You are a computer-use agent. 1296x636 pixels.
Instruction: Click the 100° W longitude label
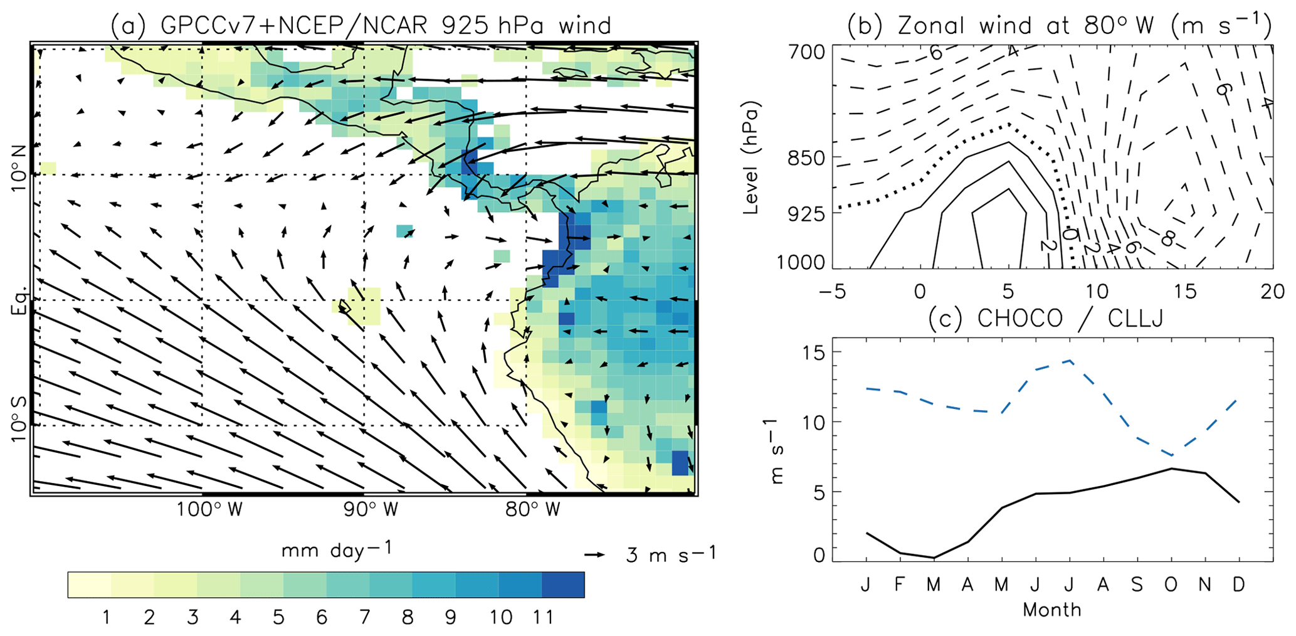[x=209, y=509]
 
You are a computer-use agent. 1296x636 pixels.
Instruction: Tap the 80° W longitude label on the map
[x=533, y=509]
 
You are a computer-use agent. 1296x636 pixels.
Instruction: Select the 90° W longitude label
[x=371, y=509]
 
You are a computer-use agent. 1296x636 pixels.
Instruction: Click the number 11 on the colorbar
[x=543, y=618]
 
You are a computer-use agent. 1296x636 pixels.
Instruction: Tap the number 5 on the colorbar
[x=278, y=618]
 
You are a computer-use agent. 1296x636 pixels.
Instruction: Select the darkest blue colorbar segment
[x=562, y=585]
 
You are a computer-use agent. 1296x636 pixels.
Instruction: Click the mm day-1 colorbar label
[x=337, y=550]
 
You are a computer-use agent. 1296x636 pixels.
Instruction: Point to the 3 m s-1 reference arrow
[x=594, y=555]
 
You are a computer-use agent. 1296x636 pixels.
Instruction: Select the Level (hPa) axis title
[x=751, y=157]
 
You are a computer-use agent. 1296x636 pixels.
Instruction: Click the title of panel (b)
[x=1058, y=26]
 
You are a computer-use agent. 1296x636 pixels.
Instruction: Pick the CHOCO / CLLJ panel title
[x=1046, y=319]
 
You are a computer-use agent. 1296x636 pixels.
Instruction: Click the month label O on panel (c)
[x=1170, y=585]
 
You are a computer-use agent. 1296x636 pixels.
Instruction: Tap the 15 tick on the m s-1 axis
[x=813, y=352]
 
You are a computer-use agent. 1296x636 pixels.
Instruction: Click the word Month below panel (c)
[x=1051, y=610]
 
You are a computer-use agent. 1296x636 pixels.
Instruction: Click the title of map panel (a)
[x=361, y=26]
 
